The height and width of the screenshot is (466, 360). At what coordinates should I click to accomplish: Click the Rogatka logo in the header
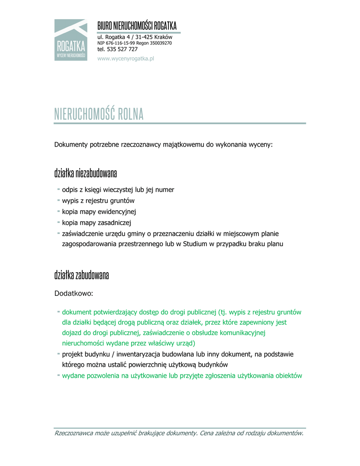tap(71, 40)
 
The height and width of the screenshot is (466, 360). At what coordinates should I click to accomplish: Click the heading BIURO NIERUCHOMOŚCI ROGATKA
tap(137, 25)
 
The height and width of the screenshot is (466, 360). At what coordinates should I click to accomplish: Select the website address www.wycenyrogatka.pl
tap(126, 59)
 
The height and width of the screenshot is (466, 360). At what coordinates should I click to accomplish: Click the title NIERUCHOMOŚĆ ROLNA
tap(99, 114)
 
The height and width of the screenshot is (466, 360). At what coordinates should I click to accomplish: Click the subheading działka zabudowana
tap(81, 275)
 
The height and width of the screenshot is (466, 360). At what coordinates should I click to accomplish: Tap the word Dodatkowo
tap(73, 294)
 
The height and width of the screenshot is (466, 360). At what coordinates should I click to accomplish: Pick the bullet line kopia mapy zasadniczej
tap(96, 223)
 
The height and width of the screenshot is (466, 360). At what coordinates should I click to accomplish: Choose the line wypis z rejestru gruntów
tap(98, 201)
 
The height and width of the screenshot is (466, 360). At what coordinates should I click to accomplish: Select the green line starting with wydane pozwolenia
tap(182, 376)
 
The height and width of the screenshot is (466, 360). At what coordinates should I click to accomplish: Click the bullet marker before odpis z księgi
tap(58, 189)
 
